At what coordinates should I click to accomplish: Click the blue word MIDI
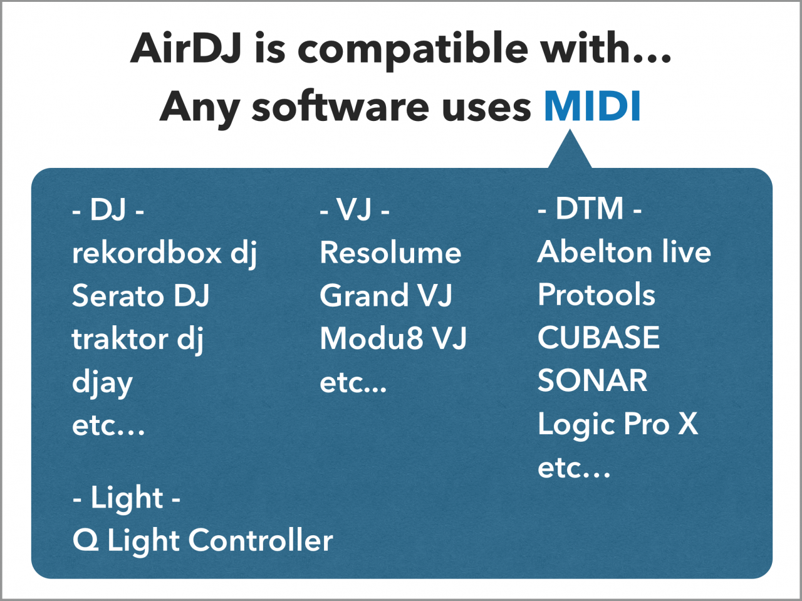(x=592, y=106)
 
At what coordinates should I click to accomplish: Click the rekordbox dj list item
(x=164, y=254)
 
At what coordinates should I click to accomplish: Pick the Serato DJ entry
(x=141, y=295)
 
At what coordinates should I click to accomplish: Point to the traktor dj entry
(x=138, y=339)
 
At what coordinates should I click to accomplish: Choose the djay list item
(x=102, y=384)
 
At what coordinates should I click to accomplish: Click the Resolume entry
(x=390, y=253)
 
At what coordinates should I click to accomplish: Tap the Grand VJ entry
(x=386, y=295)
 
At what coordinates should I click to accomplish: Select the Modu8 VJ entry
(x=393, y=338)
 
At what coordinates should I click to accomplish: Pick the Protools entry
(x=596, y=295)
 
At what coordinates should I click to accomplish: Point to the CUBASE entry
(x=598, y=338)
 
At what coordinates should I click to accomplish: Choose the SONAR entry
(x=592, y=380)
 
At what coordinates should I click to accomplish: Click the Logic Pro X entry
(x=618, y=425)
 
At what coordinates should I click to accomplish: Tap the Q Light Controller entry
(x=203, y=541)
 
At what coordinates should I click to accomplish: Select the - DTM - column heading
(x=590, y=208)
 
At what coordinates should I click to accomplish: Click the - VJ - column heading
(x=355, y=209)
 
